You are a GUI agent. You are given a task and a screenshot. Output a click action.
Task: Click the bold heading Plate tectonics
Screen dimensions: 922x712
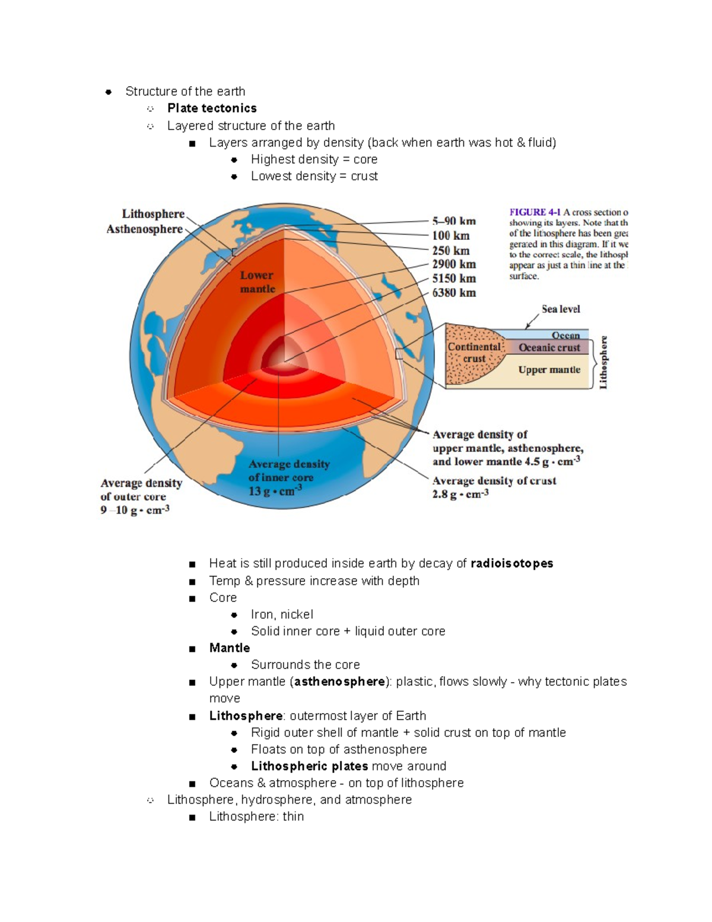pos(212,108)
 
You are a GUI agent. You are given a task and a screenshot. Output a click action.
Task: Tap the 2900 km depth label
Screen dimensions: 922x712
pos(454,264)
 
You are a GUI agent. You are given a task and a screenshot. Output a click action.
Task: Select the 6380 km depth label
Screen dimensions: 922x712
pos(454,293)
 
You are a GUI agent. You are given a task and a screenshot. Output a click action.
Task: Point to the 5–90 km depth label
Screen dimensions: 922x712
pos(454,221)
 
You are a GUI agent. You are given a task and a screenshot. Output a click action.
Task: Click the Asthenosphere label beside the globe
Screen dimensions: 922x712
pos(144,229)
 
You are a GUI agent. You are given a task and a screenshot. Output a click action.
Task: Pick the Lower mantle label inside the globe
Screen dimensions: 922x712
pos(258,282)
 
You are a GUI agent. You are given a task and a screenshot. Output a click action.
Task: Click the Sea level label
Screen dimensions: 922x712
pos(561,309)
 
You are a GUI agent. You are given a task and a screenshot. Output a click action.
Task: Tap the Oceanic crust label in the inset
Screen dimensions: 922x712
pos(549,348)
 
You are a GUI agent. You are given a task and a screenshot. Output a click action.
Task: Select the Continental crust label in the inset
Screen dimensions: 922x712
pos(474,353)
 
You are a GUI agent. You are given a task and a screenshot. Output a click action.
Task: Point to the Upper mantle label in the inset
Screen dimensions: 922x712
pos(549,370)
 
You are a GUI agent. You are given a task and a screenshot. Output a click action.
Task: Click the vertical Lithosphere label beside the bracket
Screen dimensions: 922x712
pos(603,362)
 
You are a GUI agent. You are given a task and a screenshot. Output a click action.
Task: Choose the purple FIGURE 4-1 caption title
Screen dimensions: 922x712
pos(535,212)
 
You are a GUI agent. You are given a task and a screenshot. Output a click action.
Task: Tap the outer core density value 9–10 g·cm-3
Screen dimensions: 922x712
pos(135,510)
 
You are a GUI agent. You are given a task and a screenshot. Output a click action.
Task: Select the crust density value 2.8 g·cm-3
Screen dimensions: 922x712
pos(460,494)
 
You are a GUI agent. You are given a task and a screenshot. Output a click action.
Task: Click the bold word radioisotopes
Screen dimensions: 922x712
pos(511,563)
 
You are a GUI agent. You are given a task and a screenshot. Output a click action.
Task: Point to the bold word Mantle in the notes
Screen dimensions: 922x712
pos(230,648)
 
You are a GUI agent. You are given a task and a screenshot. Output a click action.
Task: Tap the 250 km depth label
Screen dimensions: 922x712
pos(451,251)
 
